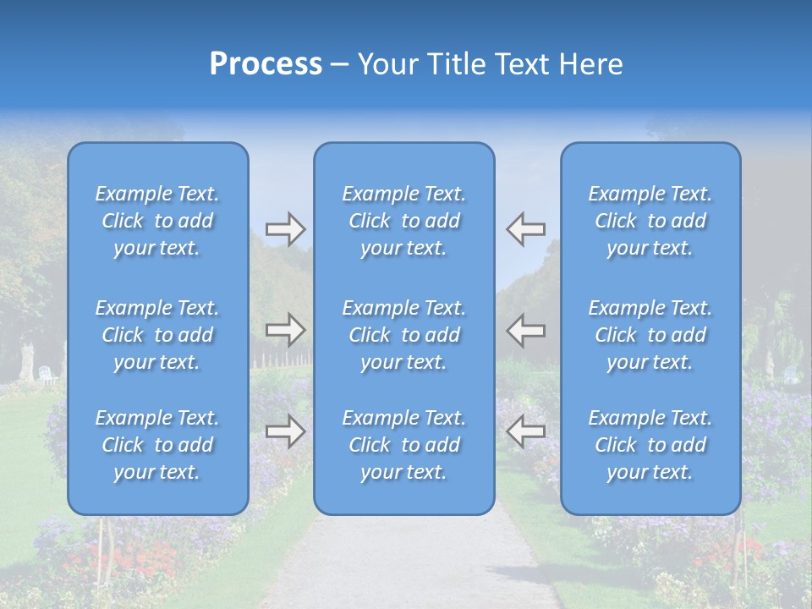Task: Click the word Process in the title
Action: click(x=266, y=64)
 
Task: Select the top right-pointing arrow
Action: click(x=285, y=228)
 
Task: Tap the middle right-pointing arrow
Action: click(x=285, y=330)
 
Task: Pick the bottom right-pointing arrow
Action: click(x=285, y=431)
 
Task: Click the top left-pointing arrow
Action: click(x=526, y=228)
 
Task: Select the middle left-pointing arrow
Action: click(x=526, y=330)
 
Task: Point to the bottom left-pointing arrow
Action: click(x=526, y=431)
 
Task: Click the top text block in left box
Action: click(x=157, y=221)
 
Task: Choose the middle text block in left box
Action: click(x=157, y=335)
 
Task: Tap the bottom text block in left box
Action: click(x=157, y=445)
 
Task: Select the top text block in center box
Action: click(x=404, y=221)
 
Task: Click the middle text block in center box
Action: click(x=404, y=335)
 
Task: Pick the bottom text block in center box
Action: click(x=404, y=445)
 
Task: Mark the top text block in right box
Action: click(x=650, y=221)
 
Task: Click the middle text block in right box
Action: click(x=650, y=335)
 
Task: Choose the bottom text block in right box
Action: click(x=650, y=445)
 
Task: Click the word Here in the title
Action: click(x=592, y=64)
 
